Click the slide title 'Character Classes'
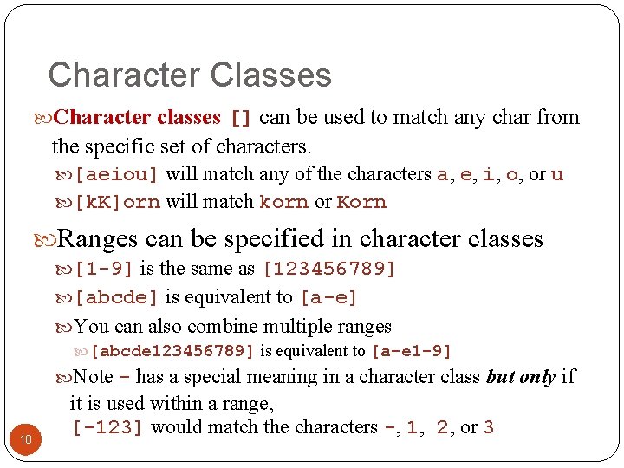pos(190,75)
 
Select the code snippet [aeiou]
pos(117,174)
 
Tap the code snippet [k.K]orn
pos(117,203)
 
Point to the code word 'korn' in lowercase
pos(283,203)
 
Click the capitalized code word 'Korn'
pos(361,203)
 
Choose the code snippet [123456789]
pos(328,270)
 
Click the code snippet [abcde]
pos(117,298)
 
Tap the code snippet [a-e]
pos(328,298)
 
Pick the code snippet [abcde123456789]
pos(172,352)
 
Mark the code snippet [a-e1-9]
pos(411,352)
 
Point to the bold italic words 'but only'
pos(521,377)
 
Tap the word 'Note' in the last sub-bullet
pos(94,377)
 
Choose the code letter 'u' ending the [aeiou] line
pos(557,174)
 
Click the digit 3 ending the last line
pos(489,427)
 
